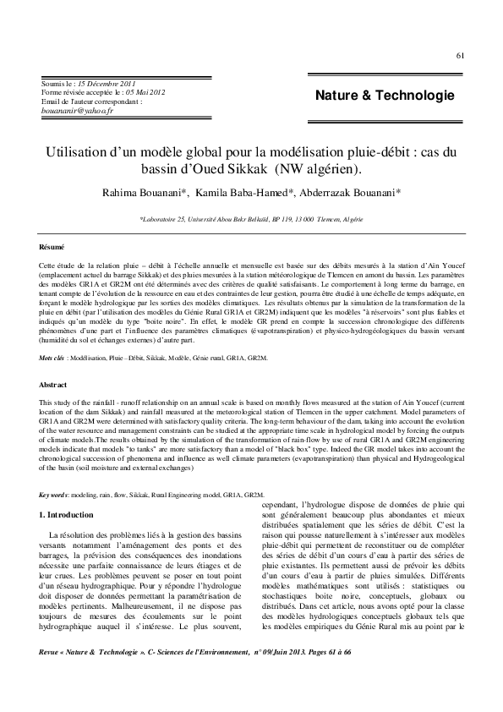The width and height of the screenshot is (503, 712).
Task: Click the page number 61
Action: (460, 57)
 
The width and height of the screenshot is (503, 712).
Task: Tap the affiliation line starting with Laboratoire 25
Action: (251, 218)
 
